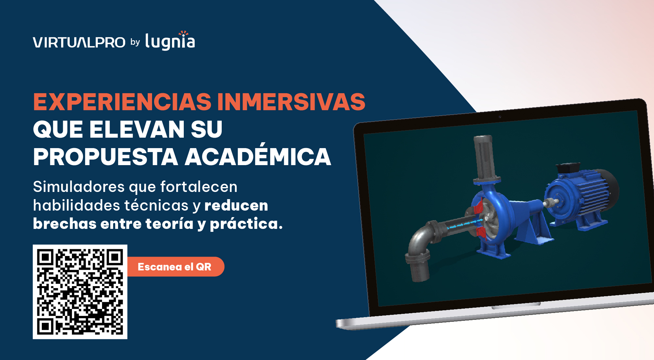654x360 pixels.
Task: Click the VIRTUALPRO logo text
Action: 79,43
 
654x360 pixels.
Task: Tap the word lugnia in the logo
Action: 170,42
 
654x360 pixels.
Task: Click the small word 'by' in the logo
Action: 135,42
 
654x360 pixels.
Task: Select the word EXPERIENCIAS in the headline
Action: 122,102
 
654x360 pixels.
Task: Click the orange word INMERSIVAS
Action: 291,102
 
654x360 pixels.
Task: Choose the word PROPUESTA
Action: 106,157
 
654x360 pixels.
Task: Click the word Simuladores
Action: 79,187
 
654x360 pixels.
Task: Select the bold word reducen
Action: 236,206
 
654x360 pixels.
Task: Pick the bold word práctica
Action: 246,224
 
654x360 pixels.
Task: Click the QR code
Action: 80,292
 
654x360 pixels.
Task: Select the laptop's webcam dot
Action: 500,117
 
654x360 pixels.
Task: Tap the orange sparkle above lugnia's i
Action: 183,33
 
